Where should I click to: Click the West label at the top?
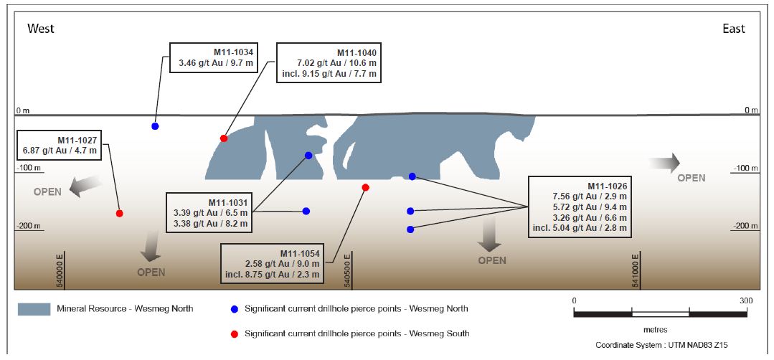pos(41,29)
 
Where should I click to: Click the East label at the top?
pos(734,29)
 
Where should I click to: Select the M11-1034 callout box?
pos(213,58)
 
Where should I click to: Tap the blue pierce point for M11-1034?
pos(155,126)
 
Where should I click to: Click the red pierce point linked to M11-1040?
pos(224,138)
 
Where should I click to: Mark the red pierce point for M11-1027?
pos(120,214)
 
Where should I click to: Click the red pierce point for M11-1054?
pos(366,187)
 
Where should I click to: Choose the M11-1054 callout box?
pos(272,263)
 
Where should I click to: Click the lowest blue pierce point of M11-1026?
pos(410,229)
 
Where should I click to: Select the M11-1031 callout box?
pos(209,213)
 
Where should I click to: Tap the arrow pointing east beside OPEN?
pos(664,163)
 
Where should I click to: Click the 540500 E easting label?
pos(348,270)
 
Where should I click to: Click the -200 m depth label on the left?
pos(29,226)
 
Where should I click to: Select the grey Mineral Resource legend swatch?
pos(34,309)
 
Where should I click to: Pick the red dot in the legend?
pos(234,333)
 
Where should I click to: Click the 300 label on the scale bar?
pos(746,300)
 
